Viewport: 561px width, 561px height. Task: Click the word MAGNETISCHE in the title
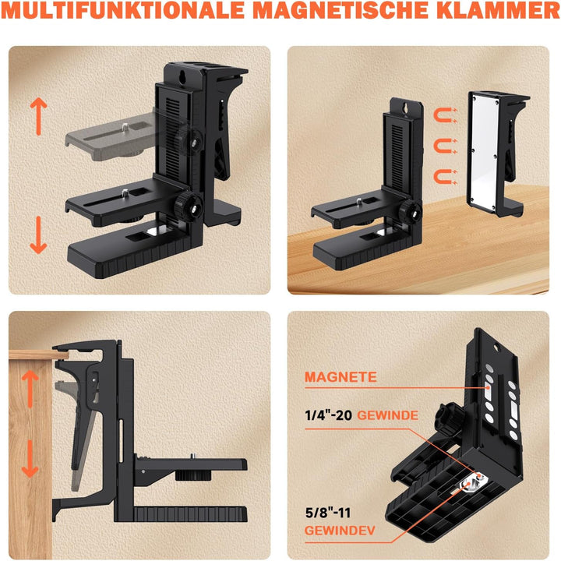[x=340, y=10]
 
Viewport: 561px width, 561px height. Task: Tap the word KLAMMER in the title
[x=498, y=10]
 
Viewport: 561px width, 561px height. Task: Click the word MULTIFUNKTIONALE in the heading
[x=123, y=10]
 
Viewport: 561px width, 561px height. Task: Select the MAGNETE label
[x=340, y=377]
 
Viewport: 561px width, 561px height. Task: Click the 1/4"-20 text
[x=329, y=415]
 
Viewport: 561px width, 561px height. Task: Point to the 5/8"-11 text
[x=328, y=513]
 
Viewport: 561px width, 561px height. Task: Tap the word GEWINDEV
[x=340, y=531]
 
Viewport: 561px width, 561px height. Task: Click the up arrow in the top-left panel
[x=39, y=117]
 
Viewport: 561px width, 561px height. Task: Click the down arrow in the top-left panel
[x=39, y=235]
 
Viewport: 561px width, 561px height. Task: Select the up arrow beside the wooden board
[x=30, y=388]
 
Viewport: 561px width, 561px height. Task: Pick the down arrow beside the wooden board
[x=30, y=459]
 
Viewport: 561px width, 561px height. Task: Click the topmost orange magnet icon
[x=445, y=115]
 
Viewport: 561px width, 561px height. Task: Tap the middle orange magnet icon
[x=445, y=146]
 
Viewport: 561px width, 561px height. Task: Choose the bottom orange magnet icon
[x=445, y=177]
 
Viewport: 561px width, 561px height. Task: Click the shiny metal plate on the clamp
[x=483, y=152]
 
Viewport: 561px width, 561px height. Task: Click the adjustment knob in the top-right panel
[x=411, y=212]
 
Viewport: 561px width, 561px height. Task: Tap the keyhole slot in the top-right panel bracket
[x=406, y=108]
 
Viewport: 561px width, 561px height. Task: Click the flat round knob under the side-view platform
[x=193, y=475]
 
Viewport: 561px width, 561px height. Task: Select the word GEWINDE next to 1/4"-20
[x=388, y=415]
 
